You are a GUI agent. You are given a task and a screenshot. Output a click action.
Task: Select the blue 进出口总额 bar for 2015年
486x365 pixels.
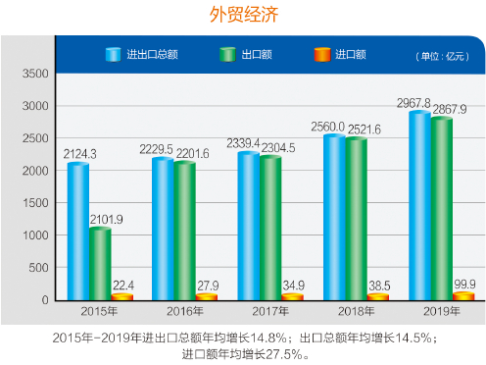point(78,231)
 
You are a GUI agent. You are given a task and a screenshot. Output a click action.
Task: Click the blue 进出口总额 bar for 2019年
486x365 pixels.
point(419,205)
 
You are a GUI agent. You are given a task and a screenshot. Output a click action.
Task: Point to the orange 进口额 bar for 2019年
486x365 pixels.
point(463,295)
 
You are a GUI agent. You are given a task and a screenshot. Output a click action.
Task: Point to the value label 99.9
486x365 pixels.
point(465,284)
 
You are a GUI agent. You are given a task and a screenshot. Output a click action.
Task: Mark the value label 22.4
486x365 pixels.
point(122,285)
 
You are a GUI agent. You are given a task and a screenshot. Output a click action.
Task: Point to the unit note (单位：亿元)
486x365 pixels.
point(442,56)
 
